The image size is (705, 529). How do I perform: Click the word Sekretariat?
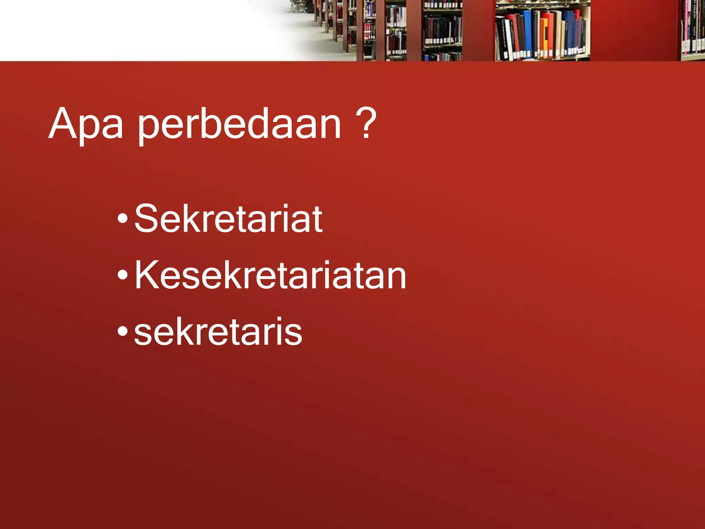click(x=228, y=218)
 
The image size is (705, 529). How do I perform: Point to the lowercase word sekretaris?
click(x=218, y=331)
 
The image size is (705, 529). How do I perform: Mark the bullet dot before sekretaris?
click(x=123, y=331)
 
